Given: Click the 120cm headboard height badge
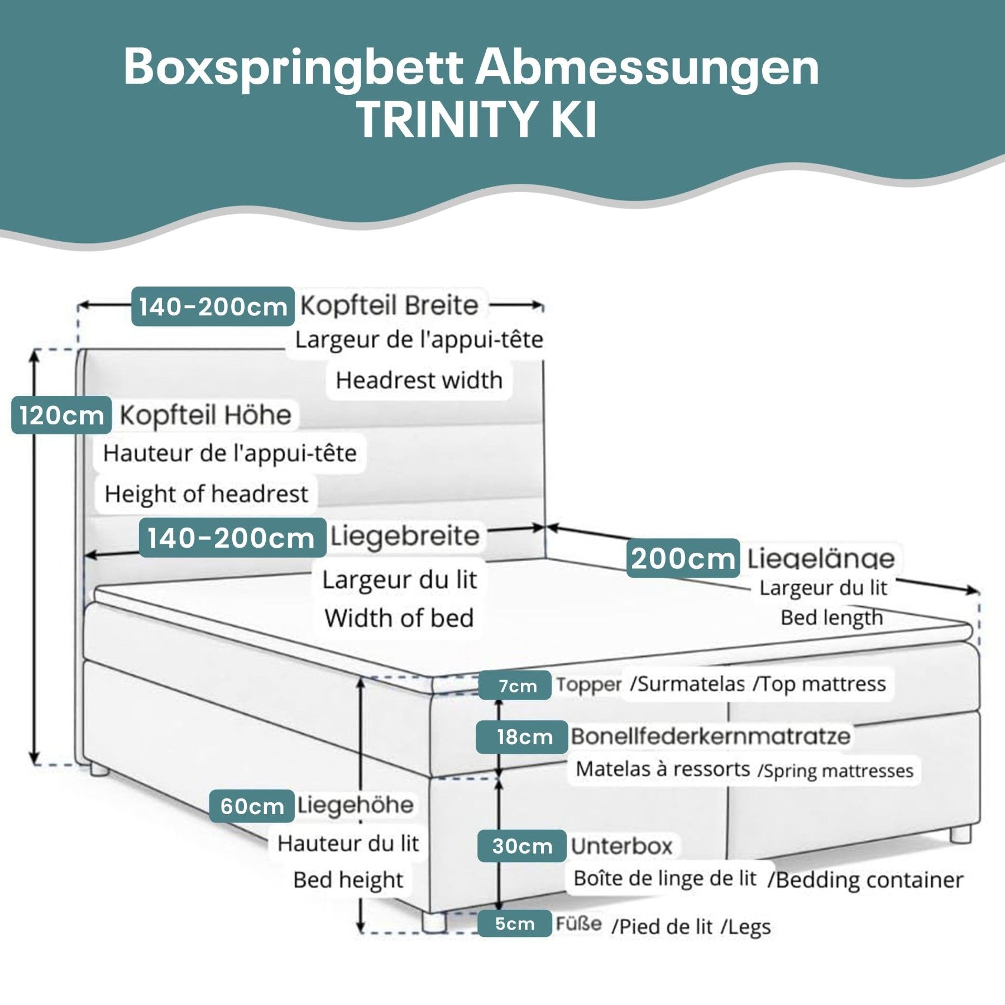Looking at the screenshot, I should pos(61,415).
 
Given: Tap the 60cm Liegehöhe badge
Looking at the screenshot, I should pos(252,806).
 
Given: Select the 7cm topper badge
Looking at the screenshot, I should pos(514,685).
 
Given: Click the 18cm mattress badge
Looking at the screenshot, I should pos(521,737).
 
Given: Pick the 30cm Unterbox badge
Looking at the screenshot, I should pos(521,846).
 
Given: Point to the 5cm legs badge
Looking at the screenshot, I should pos(514,923).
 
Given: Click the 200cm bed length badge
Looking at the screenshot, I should pos(683,558).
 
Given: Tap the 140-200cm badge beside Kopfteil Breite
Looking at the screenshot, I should pos(213,307).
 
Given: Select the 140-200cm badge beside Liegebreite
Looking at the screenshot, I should pos(232,538).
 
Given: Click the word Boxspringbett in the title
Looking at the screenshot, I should pos(293,67).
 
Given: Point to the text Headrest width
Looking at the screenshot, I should pos(419,380).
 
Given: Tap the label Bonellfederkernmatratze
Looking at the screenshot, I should pos(710,736).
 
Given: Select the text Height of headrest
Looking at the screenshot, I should pos(206,494).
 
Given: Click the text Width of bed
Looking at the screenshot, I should pos(399,618).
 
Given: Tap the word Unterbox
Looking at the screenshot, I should pos(621,846).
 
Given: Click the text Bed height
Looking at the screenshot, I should pos(348,880).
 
